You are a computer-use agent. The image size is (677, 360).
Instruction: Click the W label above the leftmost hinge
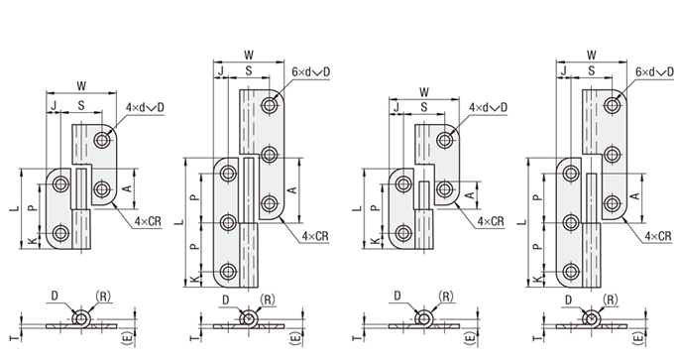81,86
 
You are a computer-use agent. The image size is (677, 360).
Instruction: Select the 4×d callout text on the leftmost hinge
134,107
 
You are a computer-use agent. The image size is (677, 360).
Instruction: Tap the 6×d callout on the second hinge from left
301,71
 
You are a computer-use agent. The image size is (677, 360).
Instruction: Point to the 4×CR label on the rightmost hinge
658,235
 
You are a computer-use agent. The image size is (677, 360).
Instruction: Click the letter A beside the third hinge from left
471,195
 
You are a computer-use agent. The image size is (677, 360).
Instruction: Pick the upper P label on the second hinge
195,197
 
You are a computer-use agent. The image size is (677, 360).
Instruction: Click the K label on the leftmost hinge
33,241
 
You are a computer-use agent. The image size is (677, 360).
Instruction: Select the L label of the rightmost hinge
522,222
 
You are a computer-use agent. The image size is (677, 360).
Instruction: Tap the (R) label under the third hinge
446,297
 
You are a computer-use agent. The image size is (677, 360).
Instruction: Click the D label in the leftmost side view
55,296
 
